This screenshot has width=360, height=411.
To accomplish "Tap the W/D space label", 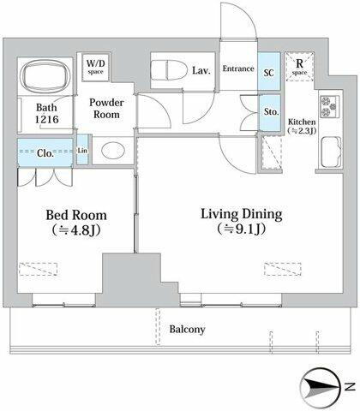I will pyautogui.click(x=94, y=66).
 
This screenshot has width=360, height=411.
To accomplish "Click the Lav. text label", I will pyautogui.click(x=202, y=69).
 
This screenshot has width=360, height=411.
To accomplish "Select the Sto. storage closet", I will pyautogui.click(x=271, y=110).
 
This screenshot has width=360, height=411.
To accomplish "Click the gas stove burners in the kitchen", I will pyautogui.click(x=330, y=108).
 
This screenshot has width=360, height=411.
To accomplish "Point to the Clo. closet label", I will pyautogui.click(x=45, y=155).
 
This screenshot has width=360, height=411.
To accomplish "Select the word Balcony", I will pyautogui.click(x=186, y=330).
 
